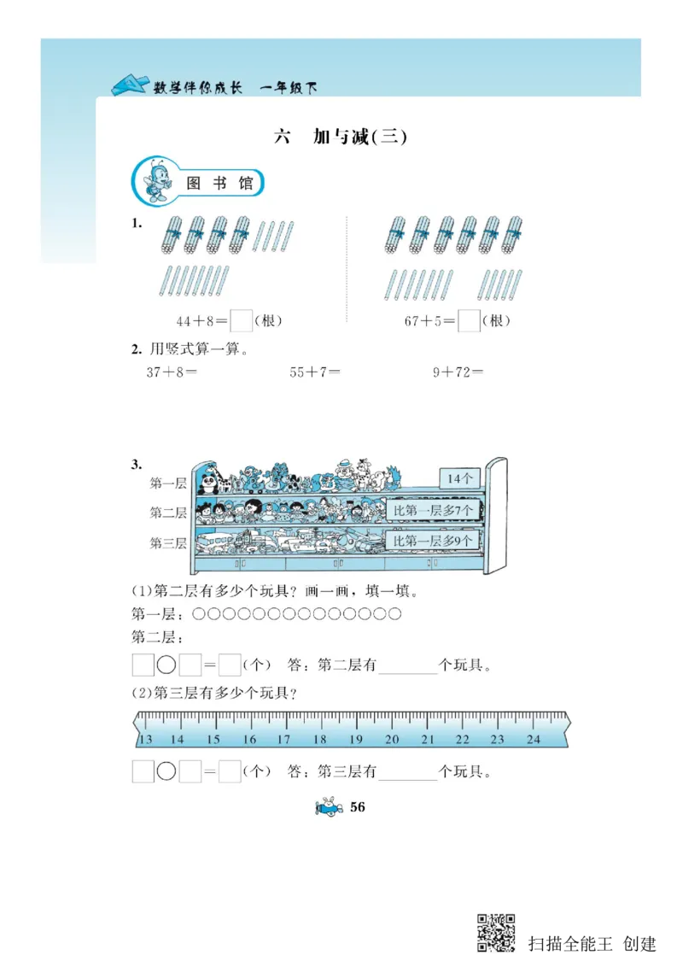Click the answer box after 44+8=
[x=242, y=321]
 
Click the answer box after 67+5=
[x=469, y=321]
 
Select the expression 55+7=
[x=315, y=372]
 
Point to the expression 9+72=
[x=458, y=372]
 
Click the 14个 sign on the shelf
[x=459, y=479]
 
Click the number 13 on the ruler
[x=145, y=740]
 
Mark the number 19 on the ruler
[x=357, y=740]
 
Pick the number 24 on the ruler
[x=534, y=740]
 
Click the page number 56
[x=358, y=807]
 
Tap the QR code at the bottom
[x=496, y=933]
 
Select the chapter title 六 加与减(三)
[x=341, y=137]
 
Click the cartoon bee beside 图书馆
[x=158, y=181]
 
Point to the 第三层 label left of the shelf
[x=168, y=542]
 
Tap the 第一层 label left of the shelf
[x=168, y=483]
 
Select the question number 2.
[x=136, y=349]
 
